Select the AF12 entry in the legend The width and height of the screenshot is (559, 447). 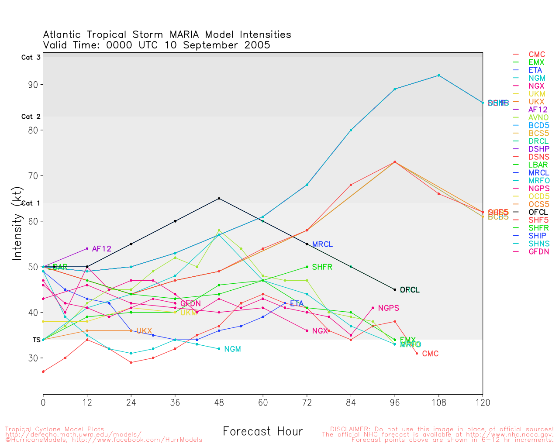coord(538,110)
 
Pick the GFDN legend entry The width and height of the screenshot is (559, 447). coord(538,251)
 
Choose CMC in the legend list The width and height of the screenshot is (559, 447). coord(537,55)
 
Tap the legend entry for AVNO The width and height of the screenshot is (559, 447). coord(538,117)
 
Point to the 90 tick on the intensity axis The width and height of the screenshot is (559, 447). coord(33,85)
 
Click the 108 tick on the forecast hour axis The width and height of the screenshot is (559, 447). coord(439,402)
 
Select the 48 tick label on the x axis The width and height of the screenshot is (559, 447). coord(219,402)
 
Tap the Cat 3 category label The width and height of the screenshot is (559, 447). coord(31,57)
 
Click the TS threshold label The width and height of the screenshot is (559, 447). coord(36,340)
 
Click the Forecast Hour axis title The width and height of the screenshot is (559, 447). coord(262,431)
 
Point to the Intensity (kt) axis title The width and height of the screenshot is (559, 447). coord(17,223)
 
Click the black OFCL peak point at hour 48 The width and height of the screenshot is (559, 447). coord(219,199)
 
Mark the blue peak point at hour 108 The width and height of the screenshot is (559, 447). coord(439,76)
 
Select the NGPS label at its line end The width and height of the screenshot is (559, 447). coord(388,308)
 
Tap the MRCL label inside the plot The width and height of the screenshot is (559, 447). coord(322,244)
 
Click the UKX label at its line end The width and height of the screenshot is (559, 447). coord(144,331)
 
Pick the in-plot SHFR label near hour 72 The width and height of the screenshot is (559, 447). coord(322,267)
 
